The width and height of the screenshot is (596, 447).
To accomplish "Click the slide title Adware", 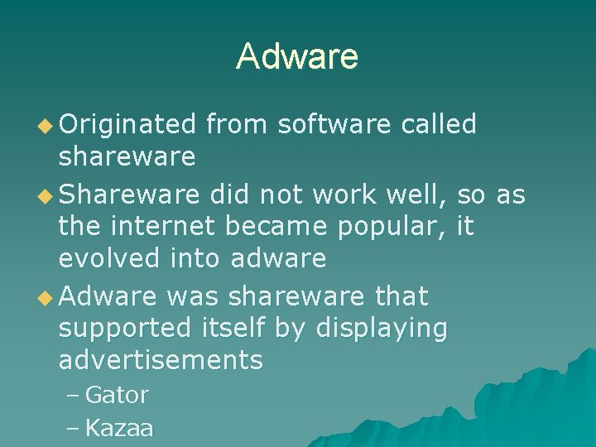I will pyautogui.click(x=297, y=56).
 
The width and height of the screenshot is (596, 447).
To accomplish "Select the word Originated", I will pyautogui.click(x=127, y=124).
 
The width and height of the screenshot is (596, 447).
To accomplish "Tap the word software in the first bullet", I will pyautogui.click(x=334, y=124).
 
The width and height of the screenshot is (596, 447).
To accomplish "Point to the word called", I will pyautogui.click(x=439, y=124).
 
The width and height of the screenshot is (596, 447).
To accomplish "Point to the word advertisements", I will pyautogui.click(x=161, y=360).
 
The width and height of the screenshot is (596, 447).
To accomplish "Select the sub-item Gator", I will pyautogui.click(x=117, y=396).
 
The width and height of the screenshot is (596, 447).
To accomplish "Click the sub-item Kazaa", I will pyautogui.click(x=119, y=428).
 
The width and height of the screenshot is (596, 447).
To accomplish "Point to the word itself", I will pyautogui.click(x=228, y=329).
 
